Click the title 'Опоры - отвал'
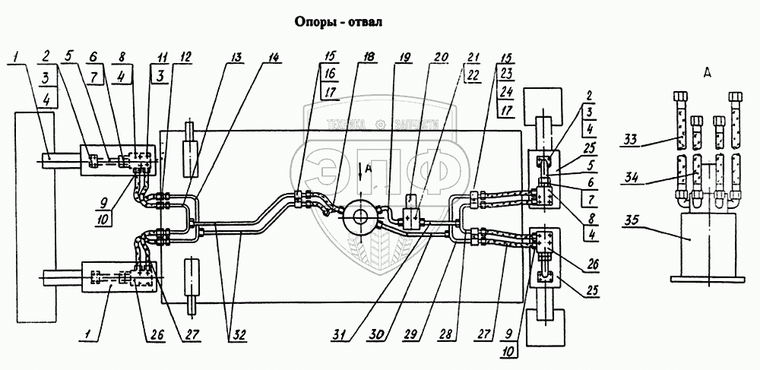click(339, 21)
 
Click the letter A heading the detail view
click(708, 74)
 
